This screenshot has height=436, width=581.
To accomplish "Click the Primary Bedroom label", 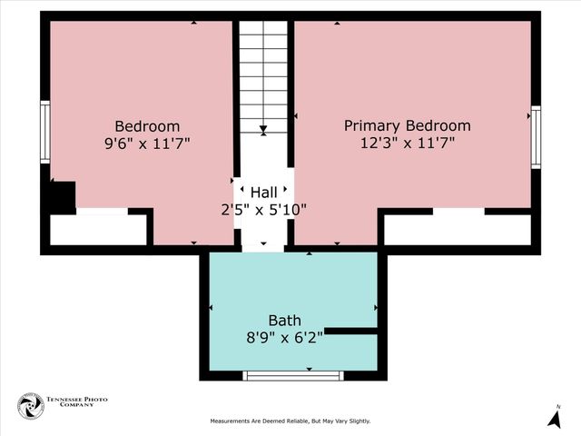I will point(407,125).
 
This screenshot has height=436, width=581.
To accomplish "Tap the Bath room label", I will point(284,321).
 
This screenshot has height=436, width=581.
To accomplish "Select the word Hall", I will point(264,192).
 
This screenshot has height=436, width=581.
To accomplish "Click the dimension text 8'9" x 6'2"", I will point(284,338).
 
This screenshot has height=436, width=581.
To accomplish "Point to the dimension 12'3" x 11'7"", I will point(407,143).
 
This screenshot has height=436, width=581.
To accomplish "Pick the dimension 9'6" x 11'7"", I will point(147,143).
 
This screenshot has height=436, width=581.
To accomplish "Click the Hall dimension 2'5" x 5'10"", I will point(264,210).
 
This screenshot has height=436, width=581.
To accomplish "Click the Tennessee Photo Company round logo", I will point(30,407).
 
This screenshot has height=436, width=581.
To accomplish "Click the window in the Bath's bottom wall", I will point(295,375).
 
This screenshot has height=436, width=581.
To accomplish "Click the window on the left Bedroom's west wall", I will point(44,132).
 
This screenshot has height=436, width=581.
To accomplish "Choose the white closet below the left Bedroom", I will point(98,229).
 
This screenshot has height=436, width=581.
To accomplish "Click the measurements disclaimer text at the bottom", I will point(290,421).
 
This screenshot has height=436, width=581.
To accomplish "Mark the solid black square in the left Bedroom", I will point(62,196).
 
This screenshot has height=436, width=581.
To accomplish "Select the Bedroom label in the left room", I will point(147,125).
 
